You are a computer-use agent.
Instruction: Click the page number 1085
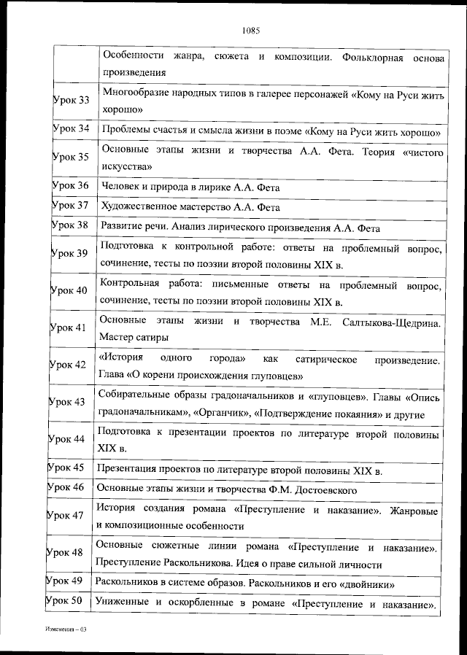pyautogui.click(x=250, y=31)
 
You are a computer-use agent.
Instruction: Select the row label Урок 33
pyautogui.click(x=71, y=100)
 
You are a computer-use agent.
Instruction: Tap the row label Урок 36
pyautogui.click(x=71, y=186)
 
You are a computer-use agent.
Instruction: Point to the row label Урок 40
pyautogui.click(x=69, y=290)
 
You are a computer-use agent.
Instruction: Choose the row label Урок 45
pyautogui.click(x=67, y=468)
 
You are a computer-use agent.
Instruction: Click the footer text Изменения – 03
pyautogui.click(x=65, y=627)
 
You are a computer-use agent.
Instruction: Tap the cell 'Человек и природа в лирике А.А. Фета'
pyautogui.click(x=190, y=187)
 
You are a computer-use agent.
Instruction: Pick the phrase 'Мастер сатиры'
pyautogui.click(x=134, y=338)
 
